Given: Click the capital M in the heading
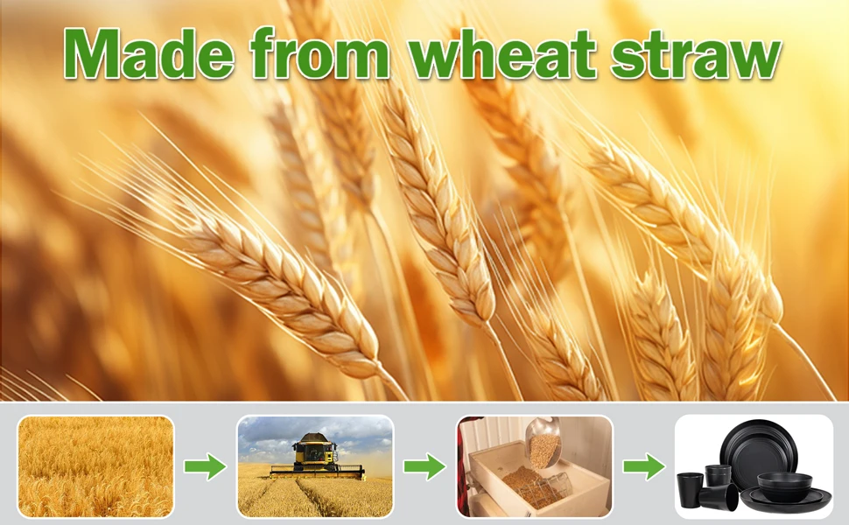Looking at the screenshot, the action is coord(91,53).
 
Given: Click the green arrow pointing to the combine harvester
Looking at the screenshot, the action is coord(205,466).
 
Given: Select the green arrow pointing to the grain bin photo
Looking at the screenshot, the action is coord(425,466).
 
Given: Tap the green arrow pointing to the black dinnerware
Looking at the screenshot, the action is coord(644,466).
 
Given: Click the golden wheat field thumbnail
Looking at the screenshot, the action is coord(95,466).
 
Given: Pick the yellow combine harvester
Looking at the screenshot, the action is coord(316,458).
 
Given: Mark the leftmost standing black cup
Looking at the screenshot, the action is coord(689,489).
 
